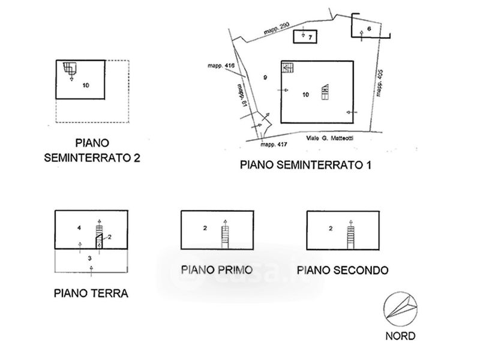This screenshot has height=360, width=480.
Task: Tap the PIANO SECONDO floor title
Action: [343, 269]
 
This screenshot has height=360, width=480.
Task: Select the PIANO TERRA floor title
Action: [91, 293]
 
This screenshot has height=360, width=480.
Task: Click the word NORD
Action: [401, 336]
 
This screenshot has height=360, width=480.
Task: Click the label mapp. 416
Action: [221, 65]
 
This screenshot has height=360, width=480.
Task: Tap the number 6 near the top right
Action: [369, 28]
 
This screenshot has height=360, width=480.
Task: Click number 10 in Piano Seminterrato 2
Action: [86, 86]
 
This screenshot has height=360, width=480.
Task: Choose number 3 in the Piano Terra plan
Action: [90, 258]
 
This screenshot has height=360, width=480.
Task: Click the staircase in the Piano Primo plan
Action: [225, 235]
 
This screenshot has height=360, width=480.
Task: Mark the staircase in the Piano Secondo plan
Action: [350, 235]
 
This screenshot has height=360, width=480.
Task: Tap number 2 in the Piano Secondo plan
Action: [331, 228]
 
